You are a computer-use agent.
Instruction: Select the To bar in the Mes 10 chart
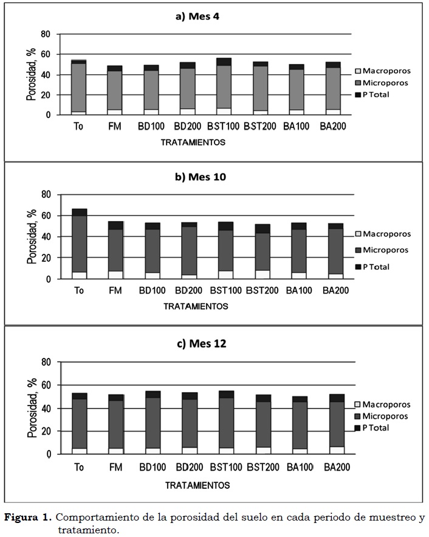point(79,244)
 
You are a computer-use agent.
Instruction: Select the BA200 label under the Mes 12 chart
point(335,468)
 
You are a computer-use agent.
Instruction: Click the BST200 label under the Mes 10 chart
point(262,290)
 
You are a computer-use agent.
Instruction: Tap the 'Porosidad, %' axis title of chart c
point(31,408)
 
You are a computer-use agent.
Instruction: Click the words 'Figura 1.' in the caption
point(28,518)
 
